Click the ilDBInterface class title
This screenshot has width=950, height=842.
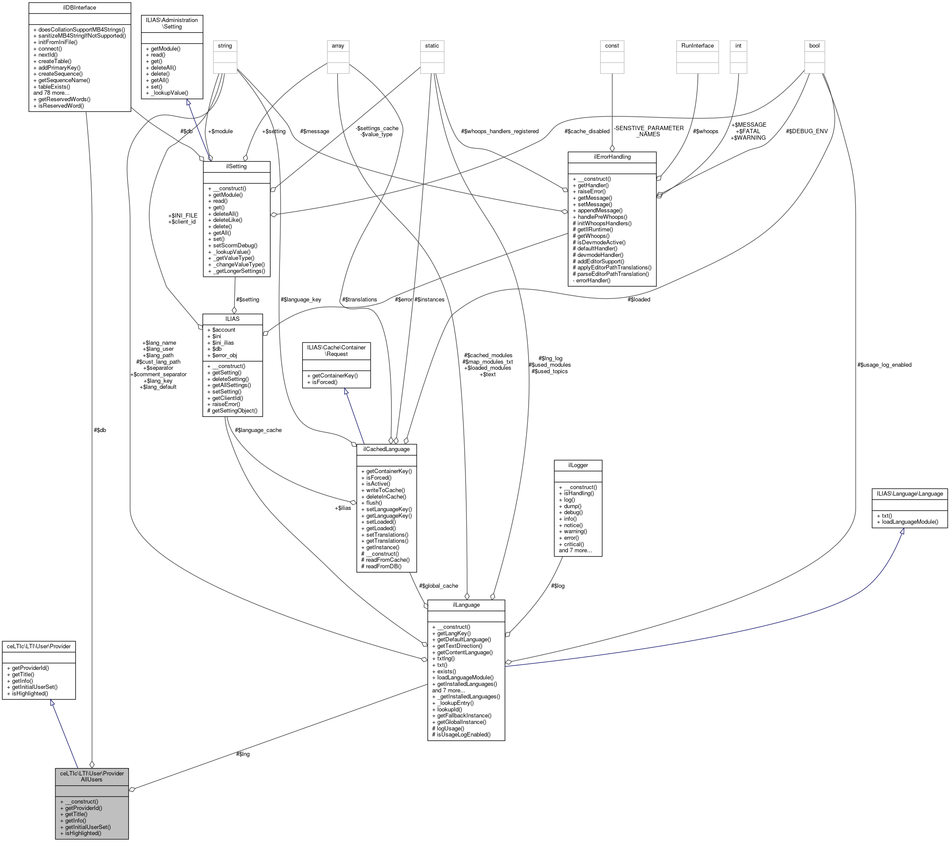click(80, 8)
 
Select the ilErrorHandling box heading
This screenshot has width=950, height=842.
click(612, 157)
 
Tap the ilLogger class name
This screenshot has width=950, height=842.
click(578, 465)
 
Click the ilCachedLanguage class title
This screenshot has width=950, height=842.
click(386, 449)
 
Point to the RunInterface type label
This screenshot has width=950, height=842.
click(697, 45)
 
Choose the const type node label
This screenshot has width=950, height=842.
click(612, 45)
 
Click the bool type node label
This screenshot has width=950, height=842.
click(814, 45)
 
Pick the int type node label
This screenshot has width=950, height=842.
click(738, 45)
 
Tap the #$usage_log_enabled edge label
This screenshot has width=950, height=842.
click(884, 365)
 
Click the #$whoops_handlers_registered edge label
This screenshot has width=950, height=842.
click(500, 131)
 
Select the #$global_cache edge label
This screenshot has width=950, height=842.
click(438, 586)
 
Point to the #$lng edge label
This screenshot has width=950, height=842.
click(243, 754)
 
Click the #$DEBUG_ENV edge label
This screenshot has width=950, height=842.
click(806, 131)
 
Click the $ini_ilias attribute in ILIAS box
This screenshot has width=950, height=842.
click(223, 343)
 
